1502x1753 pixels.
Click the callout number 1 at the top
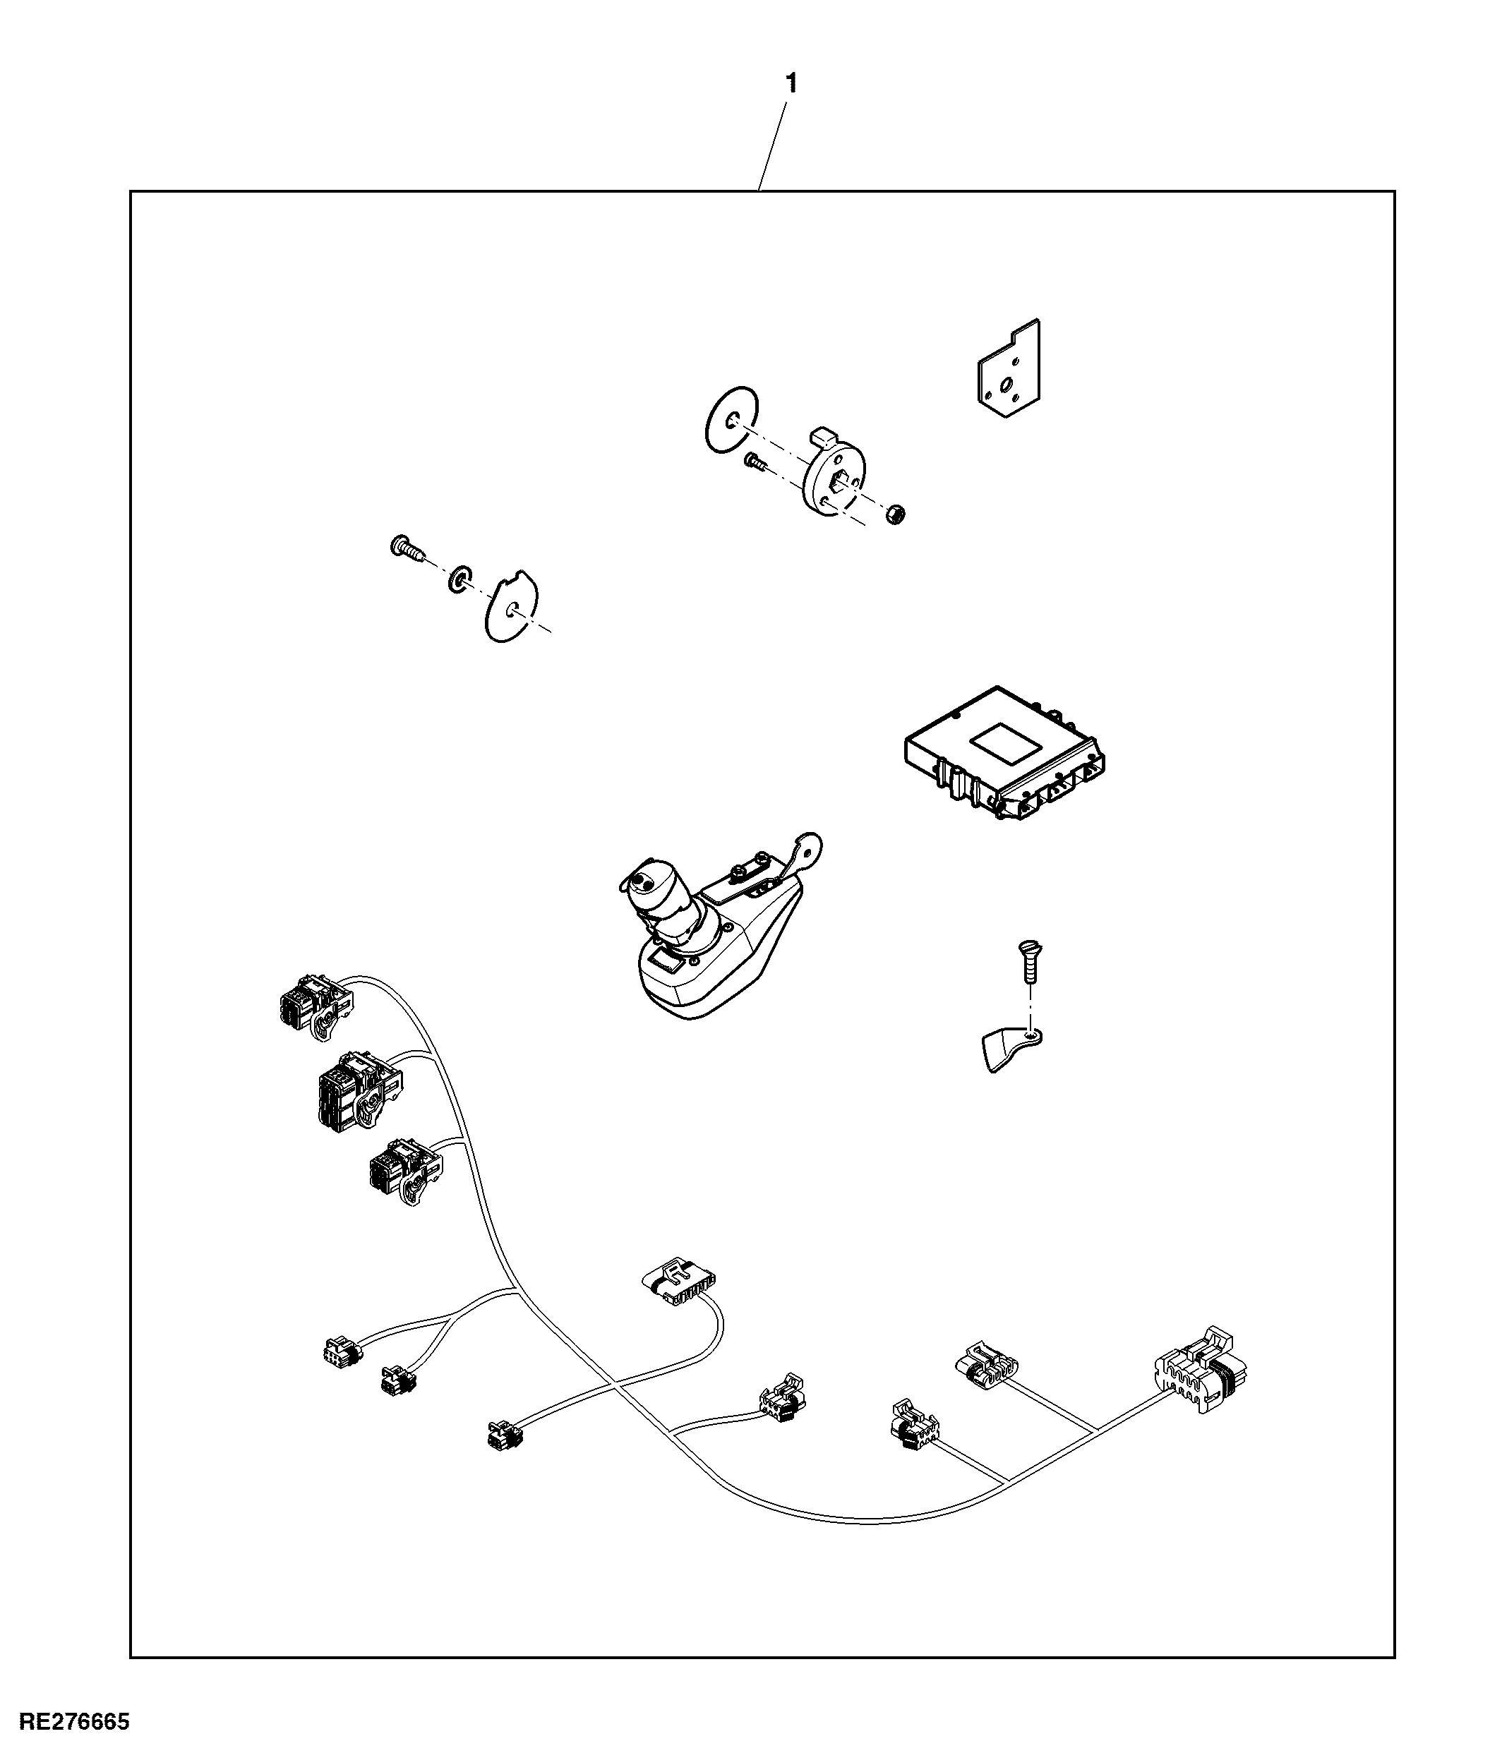(x=791, y=84)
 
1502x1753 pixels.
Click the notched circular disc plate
(x=511, y=606)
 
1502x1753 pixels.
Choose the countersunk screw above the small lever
(x=1030, y=962)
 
